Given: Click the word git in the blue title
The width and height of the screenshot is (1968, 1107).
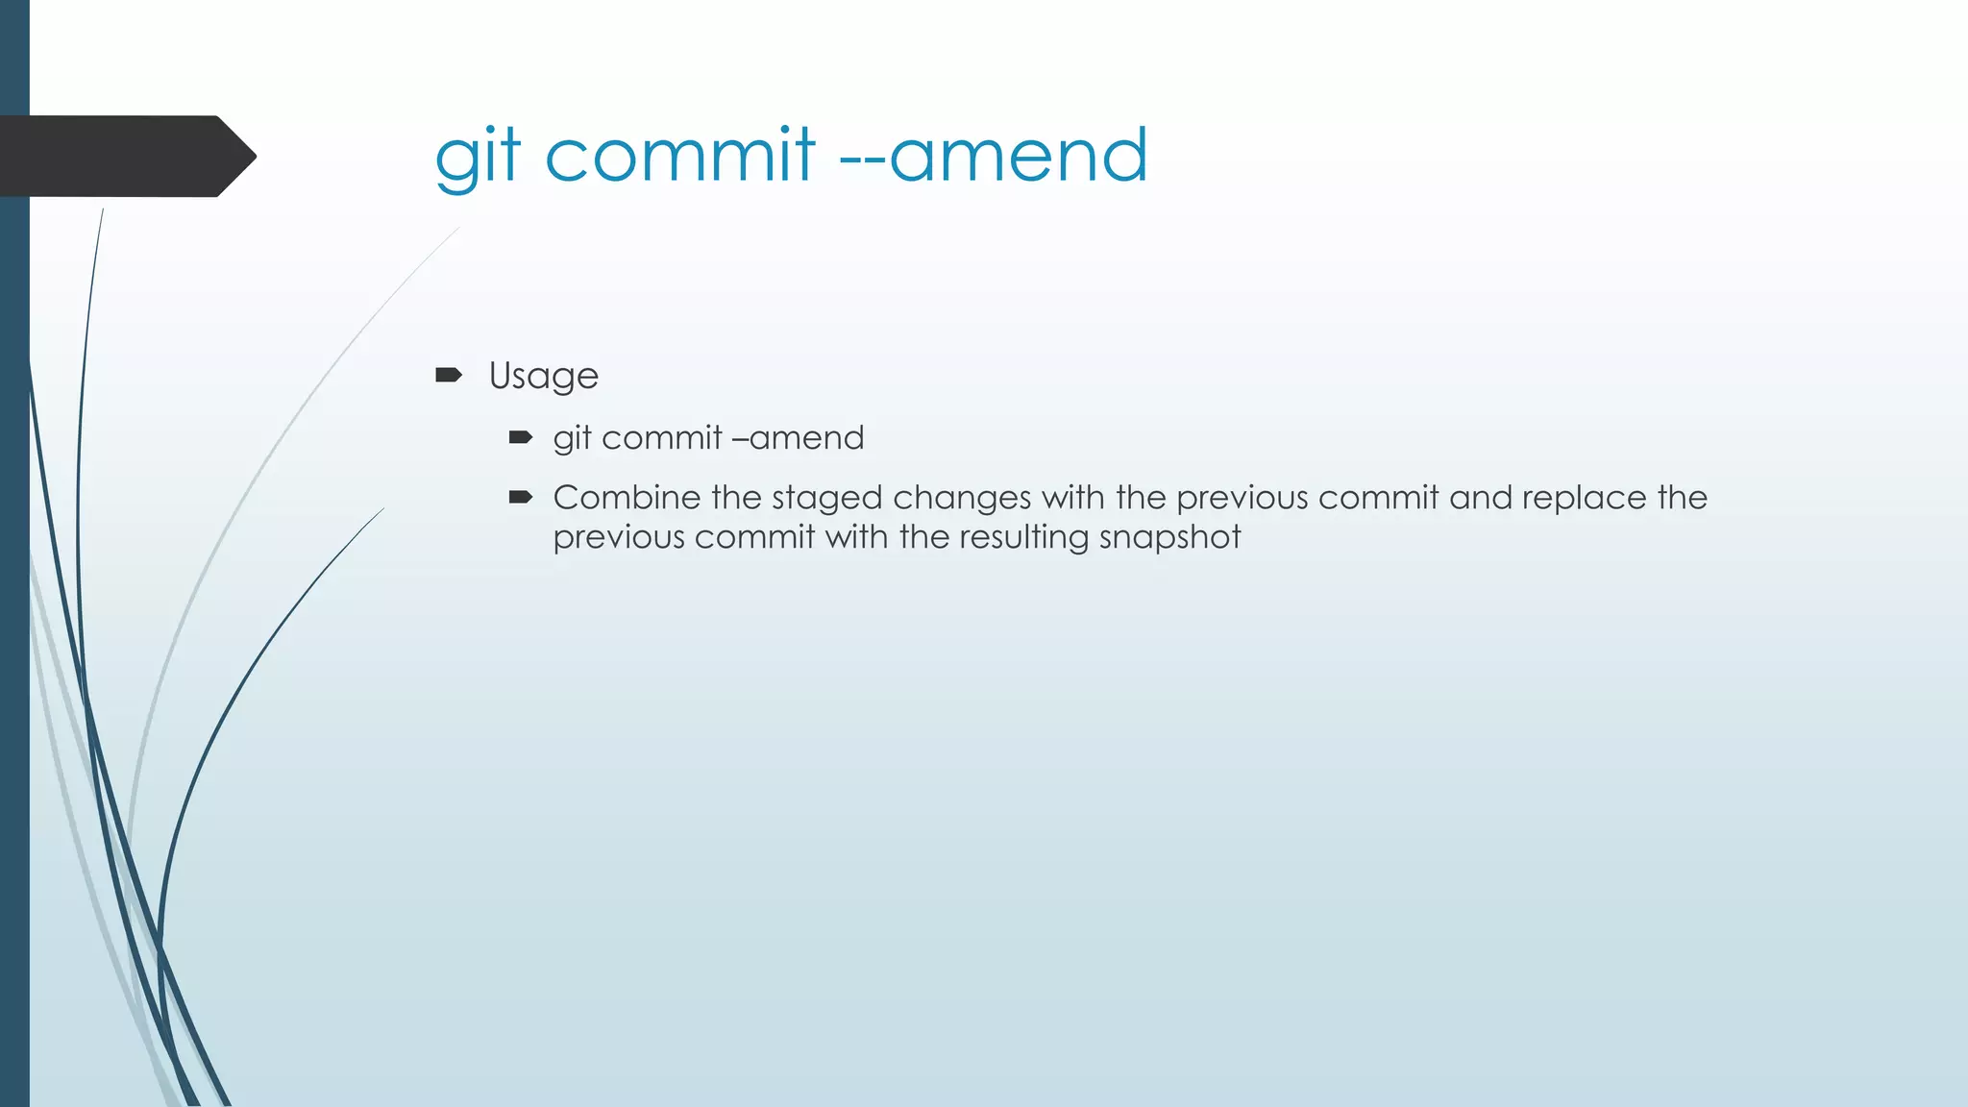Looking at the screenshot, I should coord(478,156).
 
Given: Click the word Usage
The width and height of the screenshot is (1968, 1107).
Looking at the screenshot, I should coord(543,376).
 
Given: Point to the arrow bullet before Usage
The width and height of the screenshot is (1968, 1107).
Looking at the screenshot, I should coord(449,374).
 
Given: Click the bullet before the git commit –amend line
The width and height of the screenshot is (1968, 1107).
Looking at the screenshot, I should coord(521,437).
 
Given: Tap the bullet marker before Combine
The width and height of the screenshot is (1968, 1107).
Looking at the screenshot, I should coord(521,497).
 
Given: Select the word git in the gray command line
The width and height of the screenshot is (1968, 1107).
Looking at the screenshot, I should coord(572,438).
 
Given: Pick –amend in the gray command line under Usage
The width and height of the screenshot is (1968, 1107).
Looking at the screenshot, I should coord(798,438).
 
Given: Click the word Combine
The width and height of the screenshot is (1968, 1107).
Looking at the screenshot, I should coord(627,498).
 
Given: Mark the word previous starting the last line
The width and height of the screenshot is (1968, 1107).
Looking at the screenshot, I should coord(619,538).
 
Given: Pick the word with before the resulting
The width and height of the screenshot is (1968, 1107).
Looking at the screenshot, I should coord(856,536).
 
